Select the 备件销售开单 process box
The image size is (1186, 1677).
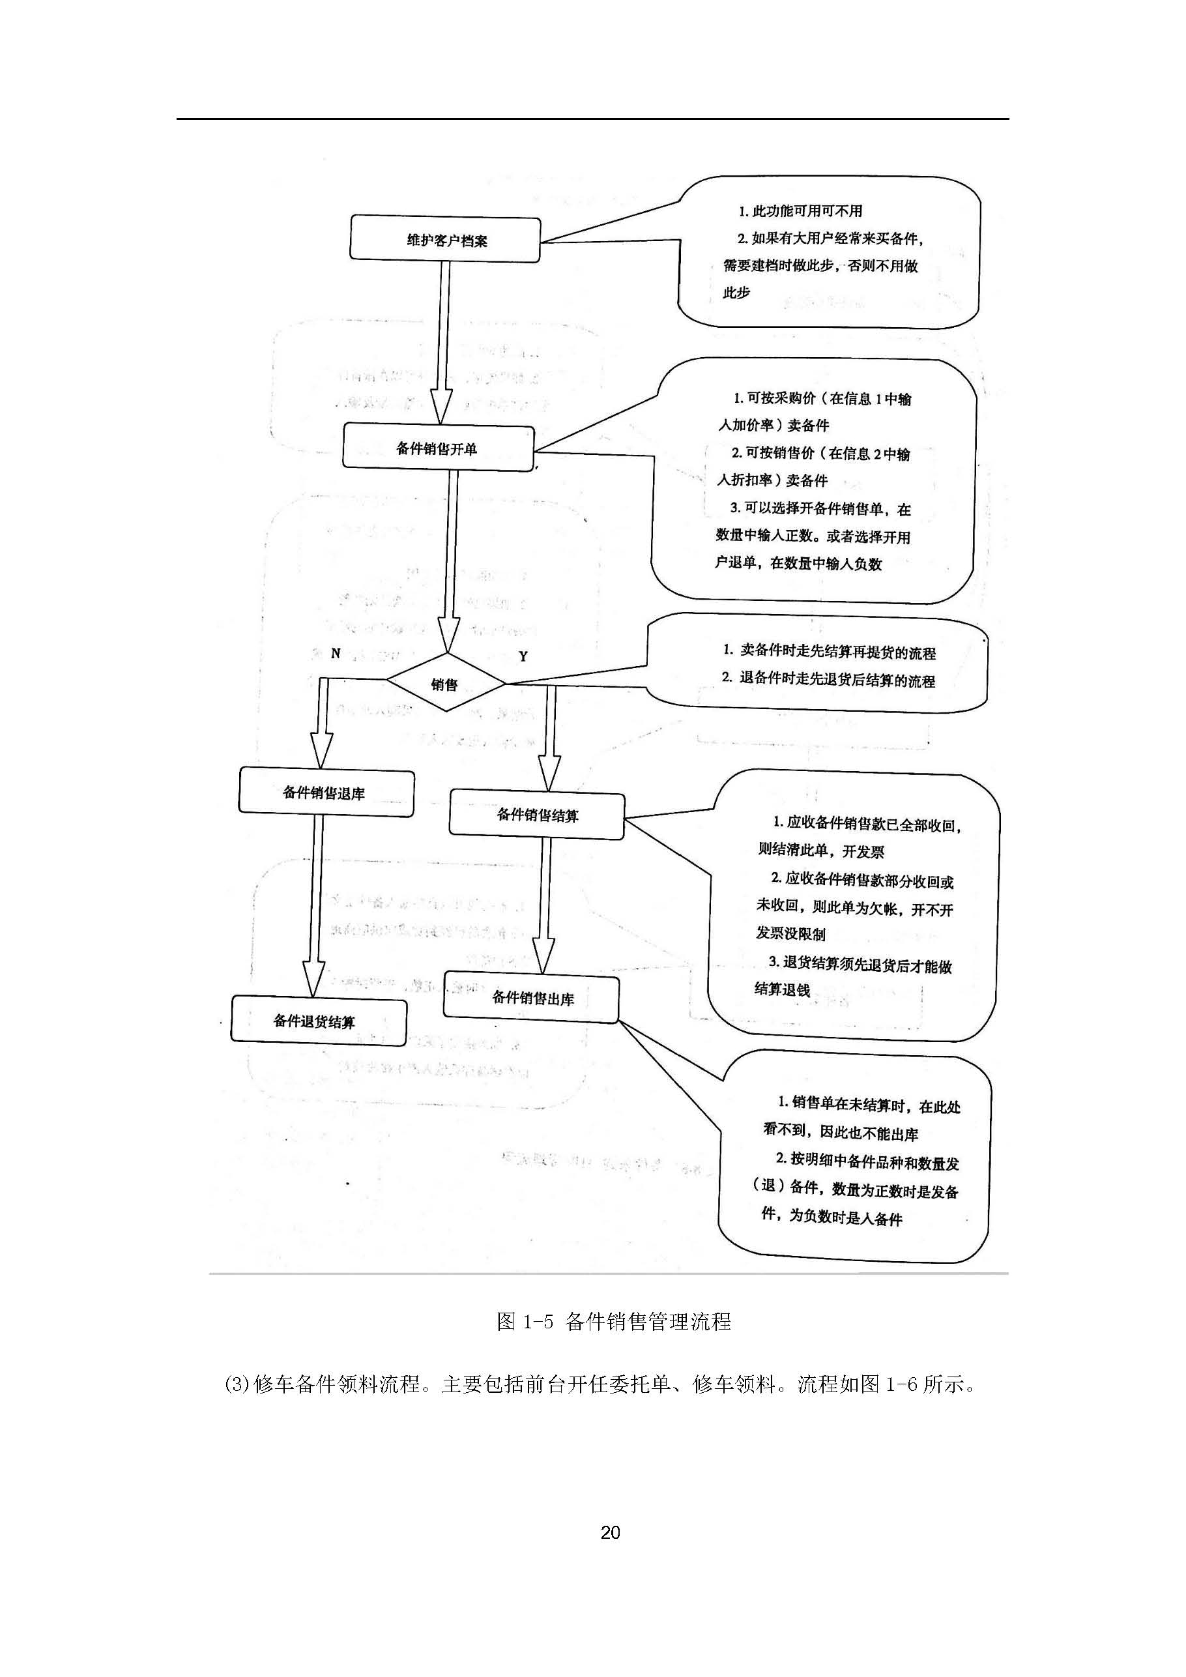(438, 447)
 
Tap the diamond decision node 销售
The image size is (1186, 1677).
(446, 684)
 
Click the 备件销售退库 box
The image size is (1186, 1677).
(326, 793)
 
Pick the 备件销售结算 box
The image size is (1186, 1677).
(537, 815)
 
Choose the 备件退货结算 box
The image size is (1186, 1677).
(319, 1021)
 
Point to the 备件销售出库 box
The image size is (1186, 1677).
(532, 998)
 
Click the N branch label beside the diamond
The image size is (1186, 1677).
(335, 653)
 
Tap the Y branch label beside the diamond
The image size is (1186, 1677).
(523, 656)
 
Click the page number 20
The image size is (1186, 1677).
(610, 1532)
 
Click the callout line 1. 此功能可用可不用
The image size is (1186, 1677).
(800, 211)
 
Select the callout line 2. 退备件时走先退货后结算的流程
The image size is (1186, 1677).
(828, 678)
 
